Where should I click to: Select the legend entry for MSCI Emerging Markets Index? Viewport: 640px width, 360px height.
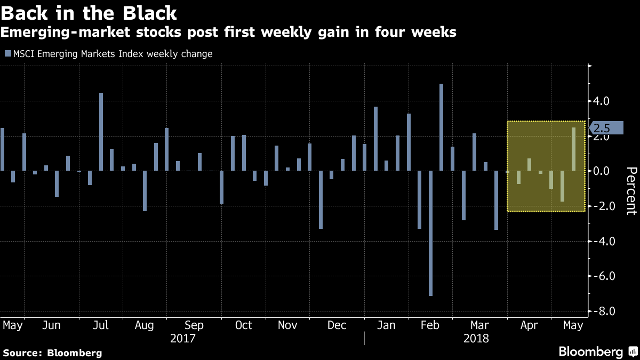pos(109,54)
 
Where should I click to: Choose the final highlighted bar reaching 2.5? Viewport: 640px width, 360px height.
pos(573,149)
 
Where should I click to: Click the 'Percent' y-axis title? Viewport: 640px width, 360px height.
pos(631,190)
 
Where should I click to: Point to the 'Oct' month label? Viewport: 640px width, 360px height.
pos(244,325)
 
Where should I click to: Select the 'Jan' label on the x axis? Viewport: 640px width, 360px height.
pos(387,325)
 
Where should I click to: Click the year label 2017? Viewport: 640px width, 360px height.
pos(182,339)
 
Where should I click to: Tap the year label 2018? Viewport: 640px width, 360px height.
pos(476,339)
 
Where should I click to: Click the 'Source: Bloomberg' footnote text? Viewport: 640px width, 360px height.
pos(52,353)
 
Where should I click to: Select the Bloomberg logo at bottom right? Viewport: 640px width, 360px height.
pos(597,352)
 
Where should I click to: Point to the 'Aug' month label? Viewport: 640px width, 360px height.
pos(145,325)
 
